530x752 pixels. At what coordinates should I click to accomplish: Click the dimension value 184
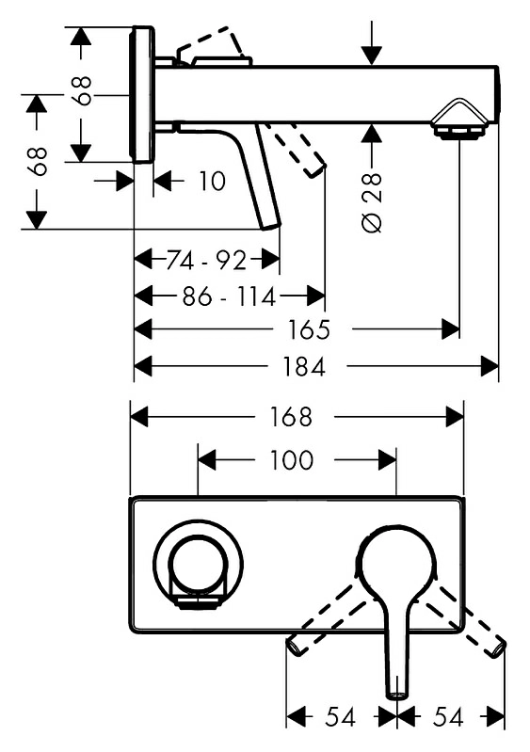tap(304, 367)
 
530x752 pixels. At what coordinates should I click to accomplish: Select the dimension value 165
tap(309, 329)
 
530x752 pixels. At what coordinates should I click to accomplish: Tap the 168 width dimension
tap(291, 416)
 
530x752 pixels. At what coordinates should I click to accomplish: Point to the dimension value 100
tap(291, 460)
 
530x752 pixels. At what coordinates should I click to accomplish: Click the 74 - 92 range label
tap(206, 261)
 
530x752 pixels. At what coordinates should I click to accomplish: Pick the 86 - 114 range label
tap(230, 296)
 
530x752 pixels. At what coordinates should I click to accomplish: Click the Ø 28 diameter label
tap(373, 203)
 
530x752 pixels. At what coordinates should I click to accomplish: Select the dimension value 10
tap(212, 182)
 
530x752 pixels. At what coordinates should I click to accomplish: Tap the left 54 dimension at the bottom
tap(340, 717)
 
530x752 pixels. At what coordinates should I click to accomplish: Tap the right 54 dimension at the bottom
tap(448, 717)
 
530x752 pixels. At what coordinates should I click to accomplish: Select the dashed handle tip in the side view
tap(316, 170)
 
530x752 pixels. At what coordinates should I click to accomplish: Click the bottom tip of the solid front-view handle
tap(397, 695)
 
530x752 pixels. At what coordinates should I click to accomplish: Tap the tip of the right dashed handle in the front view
tap(500, 648)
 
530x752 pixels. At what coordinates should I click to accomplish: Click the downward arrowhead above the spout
tap(372, 56)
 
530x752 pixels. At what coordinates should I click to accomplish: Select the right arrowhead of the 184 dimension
tap(490, 367)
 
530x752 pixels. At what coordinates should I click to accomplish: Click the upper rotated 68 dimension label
tap(83, 90)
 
